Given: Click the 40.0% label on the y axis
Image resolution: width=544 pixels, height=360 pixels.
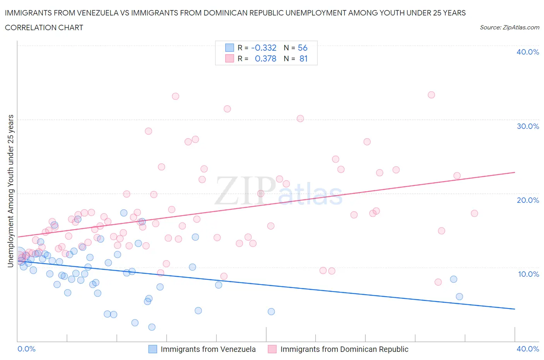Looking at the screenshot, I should (x=527, y=52).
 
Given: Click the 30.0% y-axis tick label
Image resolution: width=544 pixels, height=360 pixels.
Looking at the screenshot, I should (x=527, y=126).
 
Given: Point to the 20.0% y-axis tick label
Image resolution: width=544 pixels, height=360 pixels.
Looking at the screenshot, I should (x=527, y=200).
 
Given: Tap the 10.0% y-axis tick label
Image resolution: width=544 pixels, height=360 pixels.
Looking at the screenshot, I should (x=527, y=274).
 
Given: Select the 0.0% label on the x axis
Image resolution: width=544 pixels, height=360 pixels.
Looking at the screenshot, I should (x=26, y=349).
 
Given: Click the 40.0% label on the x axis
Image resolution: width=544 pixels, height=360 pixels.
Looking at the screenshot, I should (x=527, y=349).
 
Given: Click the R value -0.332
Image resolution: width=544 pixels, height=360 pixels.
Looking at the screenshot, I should (x=263, y=48).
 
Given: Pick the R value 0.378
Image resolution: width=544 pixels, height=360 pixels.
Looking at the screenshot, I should (x=265, y=58).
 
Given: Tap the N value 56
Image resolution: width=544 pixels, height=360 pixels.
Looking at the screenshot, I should (x=303, y=48).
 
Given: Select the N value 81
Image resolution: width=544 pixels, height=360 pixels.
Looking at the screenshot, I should (x=303, y=58).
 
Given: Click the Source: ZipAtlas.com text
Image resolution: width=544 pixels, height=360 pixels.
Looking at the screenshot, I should (x=509, y=27).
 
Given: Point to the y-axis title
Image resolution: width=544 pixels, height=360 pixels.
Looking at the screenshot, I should (x=10, y=191).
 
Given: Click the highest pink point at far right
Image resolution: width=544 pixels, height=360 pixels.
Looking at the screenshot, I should (x=431, y=95).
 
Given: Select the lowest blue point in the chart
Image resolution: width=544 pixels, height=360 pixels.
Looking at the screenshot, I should (x=152, y=327).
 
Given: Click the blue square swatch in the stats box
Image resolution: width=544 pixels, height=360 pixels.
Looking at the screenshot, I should (x=229, y=48).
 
